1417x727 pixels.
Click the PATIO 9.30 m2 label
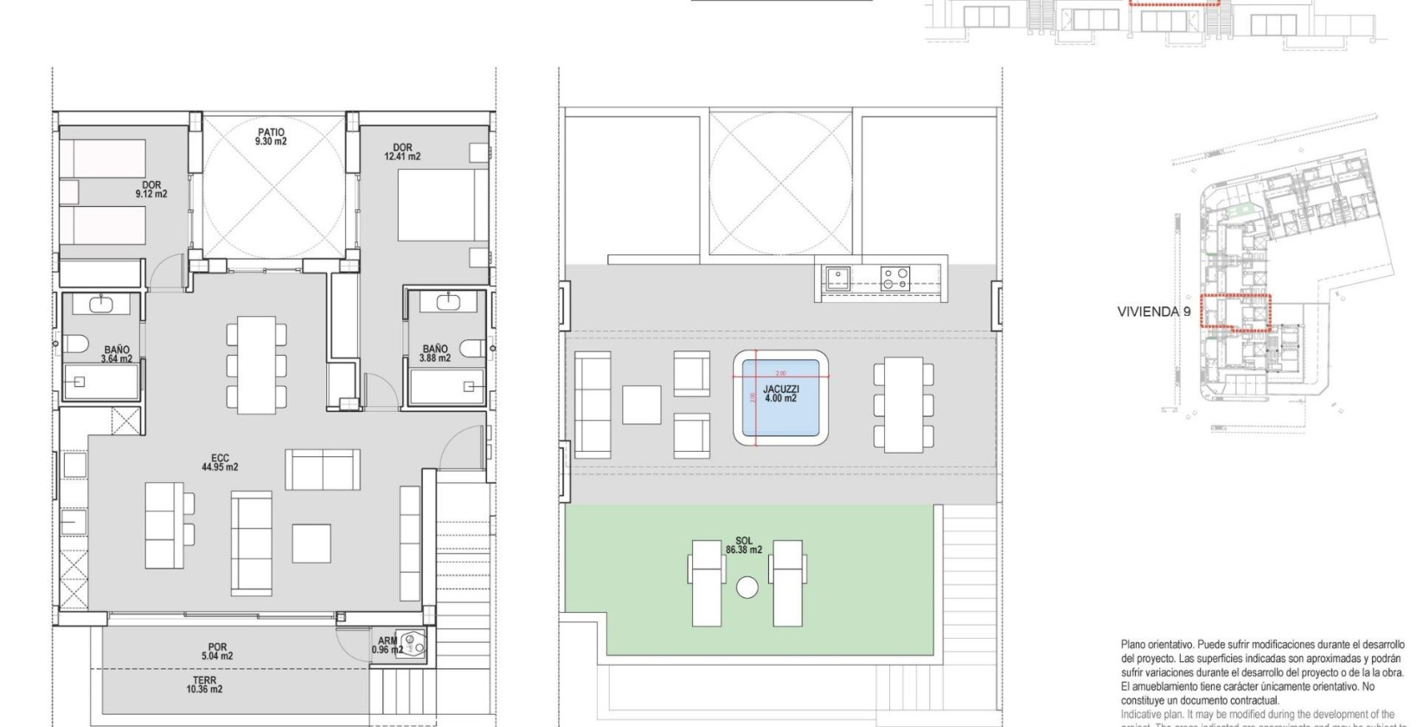[271, 137]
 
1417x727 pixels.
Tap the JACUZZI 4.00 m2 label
[780, 394]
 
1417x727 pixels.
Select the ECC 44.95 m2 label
[220, 462]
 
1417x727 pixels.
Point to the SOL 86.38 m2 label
[744, 545]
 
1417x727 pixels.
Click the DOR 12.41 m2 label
[402, 152]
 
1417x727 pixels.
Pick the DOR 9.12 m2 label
[151, 190]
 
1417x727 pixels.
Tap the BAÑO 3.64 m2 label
[117, 355]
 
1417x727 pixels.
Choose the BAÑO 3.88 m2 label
[435, 353]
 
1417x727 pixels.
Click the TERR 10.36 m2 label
[205, 685]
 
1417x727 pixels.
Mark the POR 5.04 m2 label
[217, 651]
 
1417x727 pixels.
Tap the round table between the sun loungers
[747, 589]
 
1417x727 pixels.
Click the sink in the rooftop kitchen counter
[837, 279]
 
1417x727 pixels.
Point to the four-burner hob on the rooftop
[894, 279]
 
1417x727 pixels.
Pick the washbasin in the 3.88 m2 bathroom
[449, 302]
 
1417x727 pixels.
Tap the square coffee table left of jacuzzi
[641, 405]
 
